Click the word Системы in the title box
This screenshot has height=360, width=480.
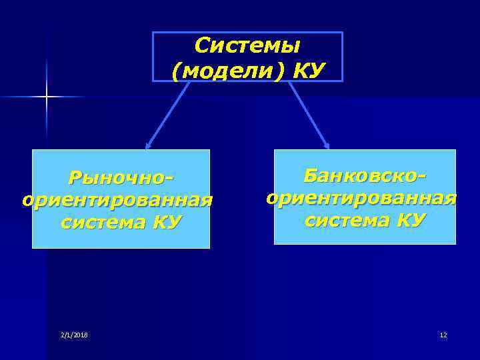coord(247,45)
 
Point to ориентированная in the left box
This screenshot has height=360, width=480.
coord(117,200)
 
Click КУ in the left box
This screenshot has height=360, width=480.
coord(167,222)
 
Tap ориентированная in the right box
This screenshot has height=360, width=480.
coord(361,198)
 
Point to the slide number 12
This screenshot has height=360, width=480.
coord(443,335)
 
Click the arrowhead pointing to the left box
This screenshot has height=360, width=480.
coord(148,145)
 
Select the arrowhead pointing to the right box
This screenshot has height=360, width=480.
coord(326,145)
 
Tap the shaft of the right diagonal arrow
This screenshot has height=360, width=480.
coord(307,113)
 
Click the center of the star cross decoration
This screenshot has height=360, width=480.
coord(47,97)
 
